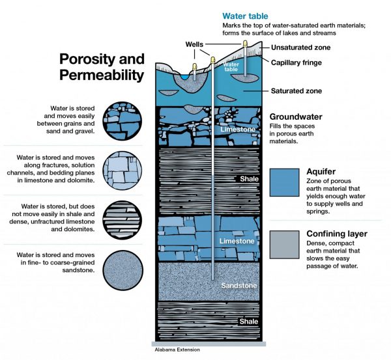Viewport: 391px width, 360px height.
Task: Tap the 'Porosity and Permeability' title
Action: tap(101, 66)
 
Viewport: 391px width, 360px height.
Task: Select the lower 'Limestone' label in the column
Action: tap(234, 242)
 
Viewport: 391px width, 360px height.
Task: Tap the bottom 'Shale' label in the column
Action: tap(244, 322)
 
